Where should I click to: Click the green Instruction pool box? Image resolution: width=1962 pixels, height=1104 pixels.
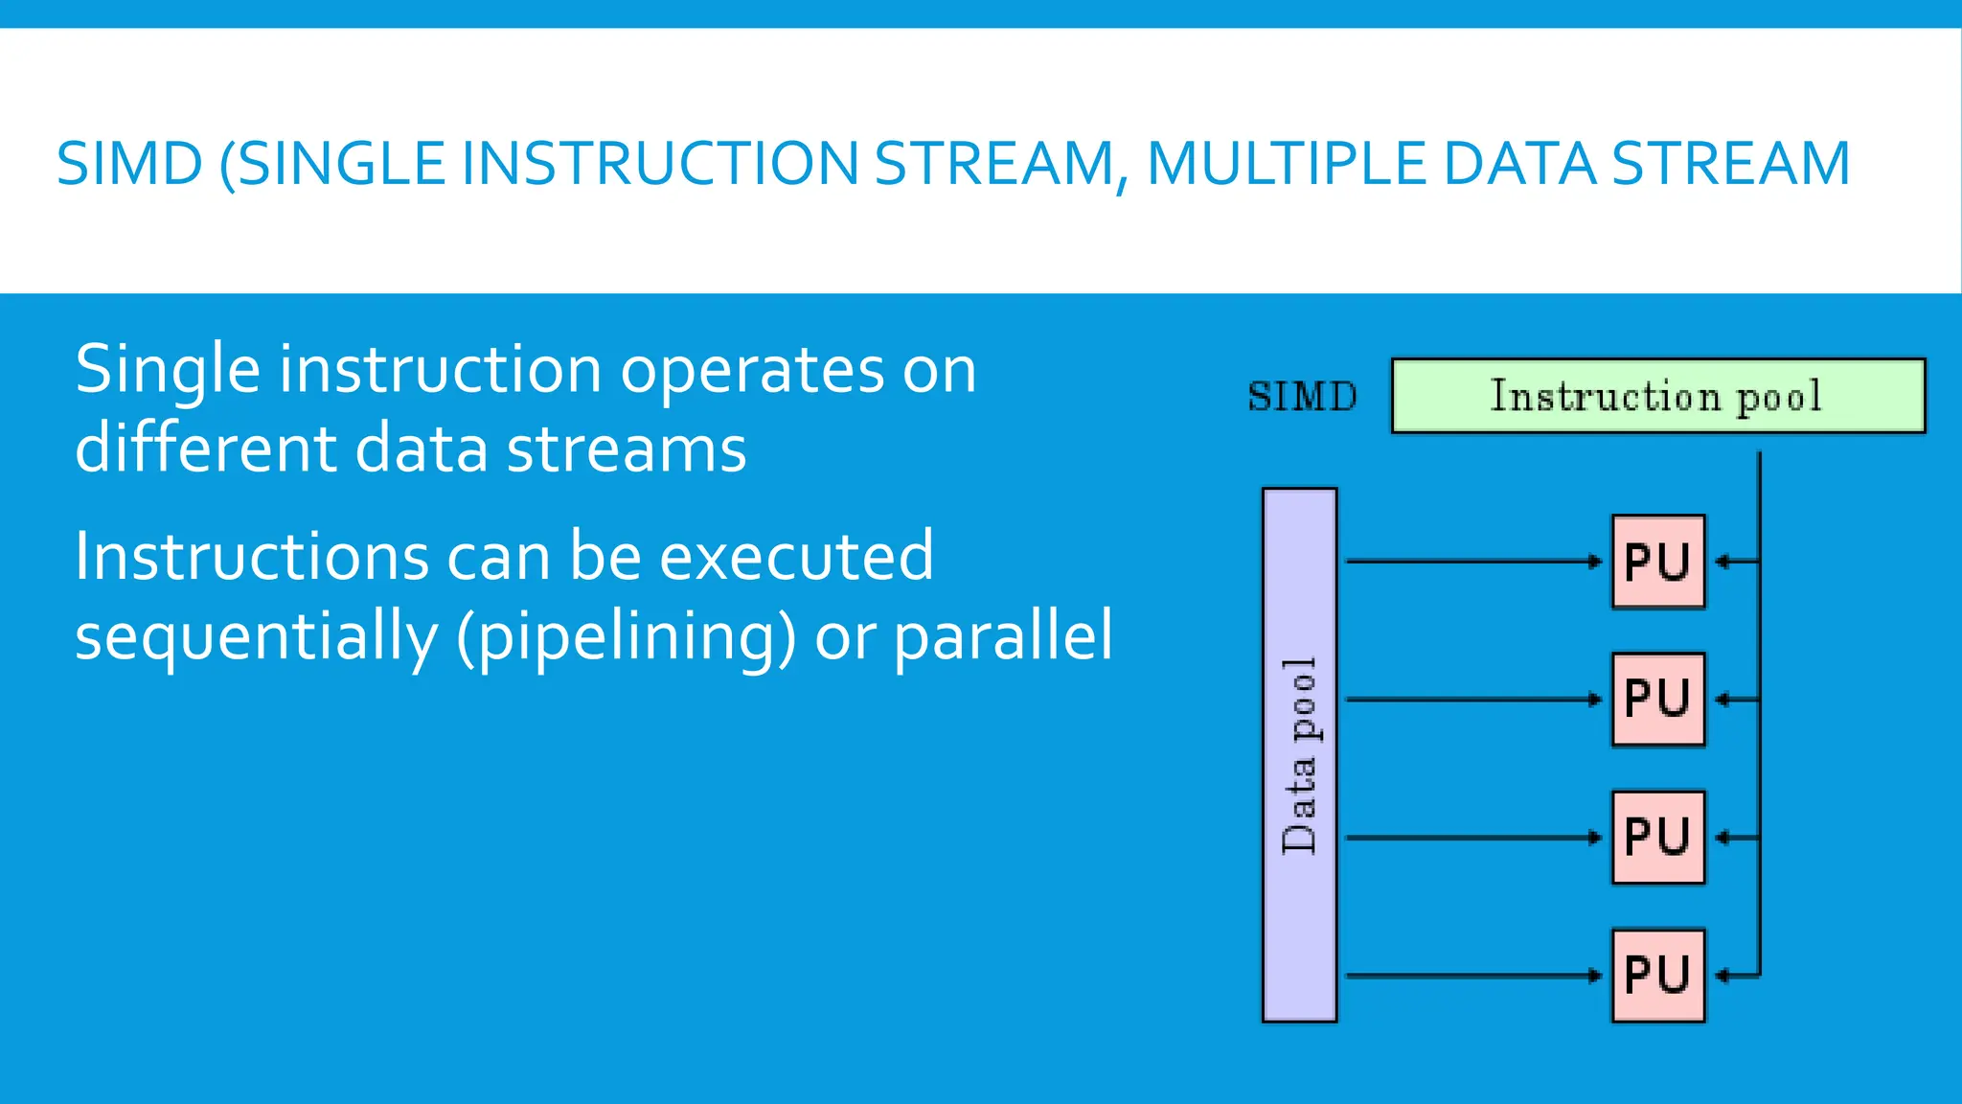(1657, 396)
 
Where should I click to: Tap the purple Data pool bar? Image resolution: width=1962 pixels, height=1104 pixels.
(1299, 755)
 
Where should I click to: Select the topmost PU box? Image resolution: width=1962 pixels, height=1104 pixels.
(1658, 562)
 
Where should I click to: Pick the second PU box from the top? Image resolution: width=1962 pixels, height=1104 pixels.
(1658, 700)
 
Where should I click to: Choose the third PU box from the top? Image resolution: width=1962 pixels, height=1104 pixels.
(1658, 838)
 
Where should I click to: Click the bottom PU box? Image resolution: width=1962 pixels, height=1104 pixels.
(1658, 976)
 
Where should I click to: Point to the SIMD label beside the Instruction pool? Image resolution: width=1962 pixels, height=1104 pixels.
(1302, 397)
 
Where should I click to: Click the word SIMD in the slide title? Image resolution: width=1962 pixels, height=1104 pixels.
(129, 164)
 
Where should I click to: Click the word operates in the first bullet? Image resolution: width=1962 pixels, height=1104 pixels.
(752, 371)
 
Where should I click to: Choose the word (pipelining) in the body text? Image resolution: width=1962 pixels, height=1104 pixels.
(626, 636)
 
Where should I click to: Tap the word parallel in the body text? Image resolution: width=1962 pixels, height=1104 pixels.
(1003, 636)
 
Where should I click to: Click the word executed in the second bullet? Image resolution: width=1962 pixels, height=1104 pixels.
(796, 556)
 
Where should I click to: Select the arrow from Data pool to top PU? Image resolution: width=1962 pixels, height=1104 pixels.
(1473, 562)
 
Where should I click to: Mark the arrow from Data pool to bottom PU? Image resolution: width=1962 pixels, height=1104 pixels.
(1473, 976)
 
